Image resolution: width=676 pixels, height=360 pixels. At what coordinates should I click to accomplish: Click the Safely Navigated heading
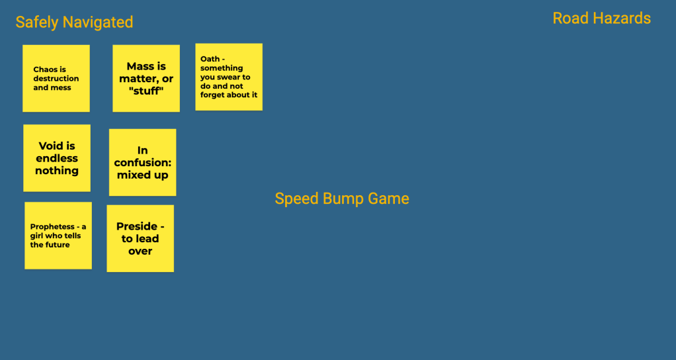pos(74,22)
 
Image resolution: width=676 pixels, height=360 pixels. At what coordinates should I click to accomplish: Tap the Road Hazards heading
pos(601,19)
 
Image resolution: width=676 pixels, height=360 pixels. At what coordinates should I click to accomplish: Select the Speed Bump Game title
pos(342,199)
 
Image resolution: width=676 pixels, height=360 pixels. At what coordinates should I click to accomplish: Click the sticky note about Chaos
pos(56,78)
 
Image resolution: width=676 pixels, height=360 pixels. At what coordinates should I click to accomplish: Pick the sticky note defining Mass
pos(146,78)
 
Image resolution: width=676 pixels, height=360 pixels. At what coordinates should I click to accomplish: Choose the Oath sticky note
pos(229,77)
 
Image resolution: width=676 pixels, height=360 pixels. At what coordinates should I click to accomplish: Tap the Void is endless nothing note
pos(57,158)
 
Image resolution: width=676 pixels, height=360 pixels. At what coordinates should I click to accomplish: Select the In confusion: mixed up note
pos(143,162)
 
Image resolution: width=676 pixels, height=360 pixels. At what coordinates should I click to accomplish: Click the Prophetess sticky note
pos(58,236)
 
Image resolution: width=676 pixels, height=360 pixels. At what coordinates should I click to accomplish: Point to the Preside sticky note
pos(140,238)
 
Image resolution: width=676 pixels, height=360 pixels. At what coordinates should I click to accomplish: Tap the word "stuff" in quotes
pos(146,91)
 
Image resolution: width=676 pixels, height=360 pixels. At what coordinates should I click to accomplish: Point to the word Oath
pos(210,59)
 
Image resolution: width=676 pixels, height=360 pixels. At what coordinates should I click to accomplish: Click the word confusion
pos(141,163)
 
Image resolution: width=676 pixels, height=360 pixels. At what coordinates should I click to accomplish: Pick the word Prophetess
pos(52,227)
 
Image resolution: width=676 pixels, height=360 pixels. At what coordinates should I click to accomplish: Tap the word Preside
pos(136,226)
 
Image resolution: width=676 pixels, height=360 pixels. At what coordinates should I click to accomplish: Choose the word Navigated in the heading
pos(97,22)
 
